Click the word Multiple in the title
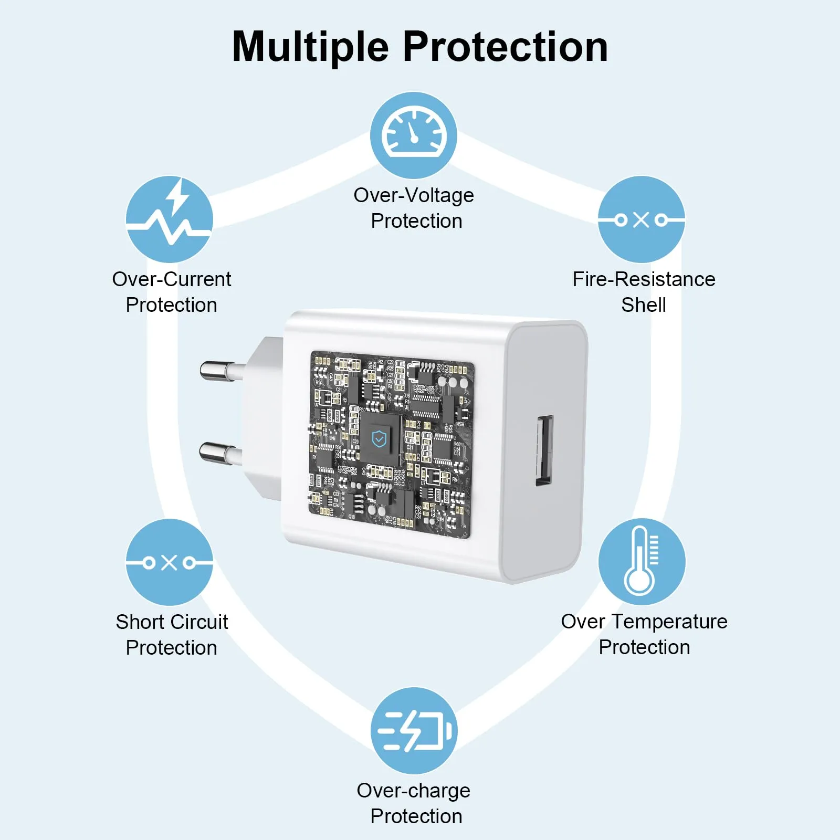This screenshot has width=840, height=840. (x=310, y=47)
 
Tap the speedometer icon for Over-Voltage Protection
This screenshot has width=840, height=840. (x=414, y=135)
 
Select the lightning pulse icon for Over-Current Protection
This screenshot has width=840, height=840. (x=170, y=219)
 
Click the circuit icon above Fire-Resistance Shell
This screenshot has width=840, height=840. (x=642, y=219)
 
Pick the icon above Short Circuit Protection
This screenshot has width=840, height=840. (x=170, y=562)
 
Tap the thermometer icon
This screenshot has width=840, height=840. (x=642, y=561)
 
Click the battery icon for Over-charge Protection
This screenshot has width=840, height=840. (x=414, y=730)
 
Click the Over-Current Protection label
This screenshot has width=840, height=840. (x=172, y=292)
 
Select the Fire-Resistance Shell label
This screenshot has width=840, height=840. (x=644, y=292)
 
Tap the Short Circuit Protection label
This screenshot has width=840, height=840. (x=172, y=635)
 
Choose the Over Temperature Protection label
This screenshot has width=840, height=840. (x=644, y=634)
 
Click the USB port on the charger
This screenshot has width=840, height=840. (x=544, y=450)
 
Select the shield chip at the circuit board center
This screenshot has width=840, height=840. (x=379, y=438)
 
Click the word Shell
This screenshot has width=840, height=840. (x=644, y=305)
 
